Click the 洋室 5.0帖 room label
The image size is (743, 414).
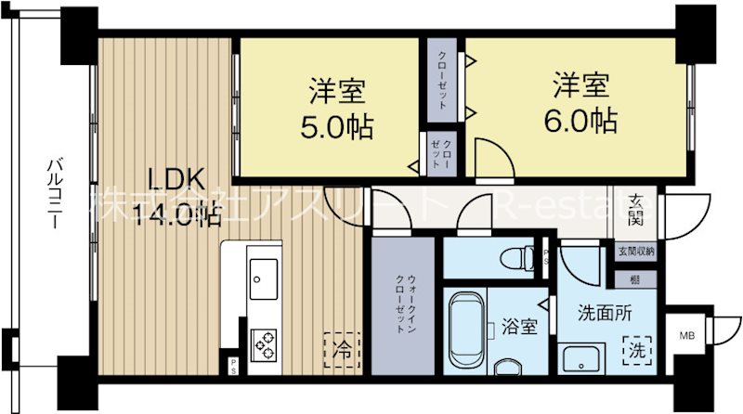[x=337, y=109]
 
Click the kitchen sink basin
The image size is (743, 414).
[x=263, y=275]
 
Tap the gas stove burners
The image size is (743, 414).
[x=264, y=345]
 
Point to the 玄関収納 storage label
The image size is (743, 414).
[x=635, y=252]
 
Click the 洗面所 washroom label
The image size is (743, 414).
[x=604, y=313]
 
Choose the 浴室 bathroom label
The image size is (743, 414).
[x=518, y=327]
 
